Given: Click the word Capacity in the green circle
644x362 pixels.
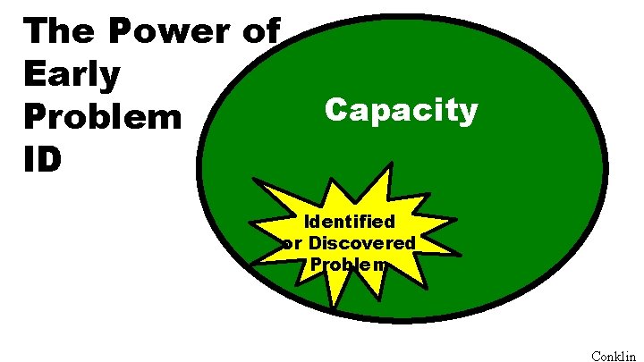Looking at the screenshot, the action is [401, 111].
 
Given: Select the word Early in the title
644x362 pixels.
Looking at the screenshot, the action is [72, 74].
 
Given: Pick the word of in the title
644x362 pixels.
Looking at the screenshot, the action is [258, 32].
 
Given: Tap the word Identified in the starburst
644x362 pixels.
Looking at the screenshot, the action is [350, 221].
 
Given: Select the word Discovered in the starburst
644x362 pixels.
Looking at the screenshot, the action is [361, 242].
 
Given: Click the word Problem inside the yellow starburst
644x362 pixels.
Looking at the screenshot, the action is [349, 264].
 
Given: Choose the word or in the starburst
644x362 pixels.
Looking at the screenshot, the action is [292, 242].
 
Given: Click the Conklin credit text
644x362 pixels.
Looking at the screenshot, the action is [614, 355].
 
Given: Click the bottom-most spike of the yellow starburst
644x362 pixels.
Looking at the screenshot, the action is [332, 309].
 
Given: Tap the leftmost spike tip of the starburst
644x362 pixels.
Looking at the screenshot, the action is [253, 264].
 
